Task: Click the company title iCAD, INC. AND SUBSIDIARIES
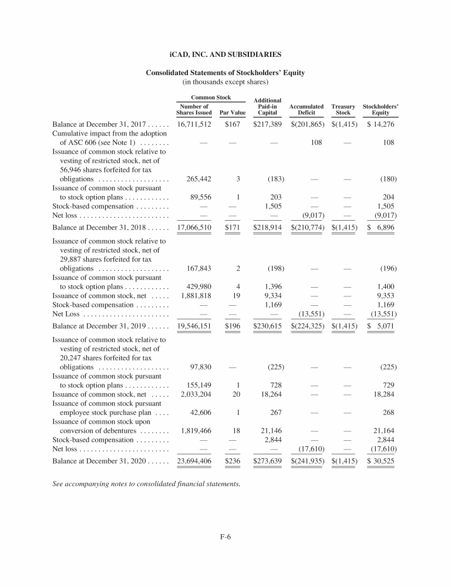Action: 225,55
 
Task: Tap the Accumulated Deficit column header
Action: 307,110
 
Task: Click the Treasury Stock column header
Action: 344,110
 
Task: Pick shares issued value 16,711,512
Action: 194,125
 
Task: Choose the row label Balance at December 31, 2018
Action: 110,226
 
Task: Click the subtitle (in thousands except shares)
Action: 225,82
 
